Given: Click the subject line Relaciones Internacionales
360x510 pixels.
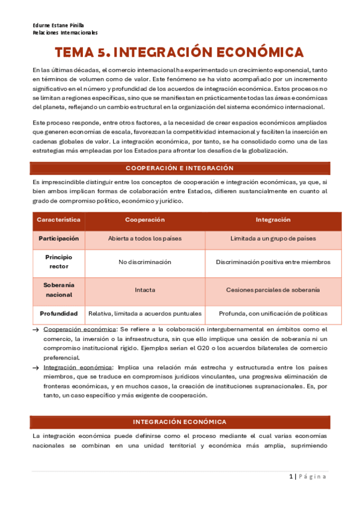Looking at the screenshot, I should coord(65,33).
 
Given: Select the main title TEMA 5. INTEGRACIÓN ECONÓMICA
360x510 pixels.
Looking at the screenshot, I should coord(180,53).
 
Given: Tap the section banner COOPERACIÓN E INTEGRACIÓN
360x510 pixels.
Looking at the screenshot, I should coord(180,168).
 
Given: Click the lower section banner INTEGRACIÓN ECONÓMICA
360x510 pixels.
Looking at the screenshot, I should coord(180,422).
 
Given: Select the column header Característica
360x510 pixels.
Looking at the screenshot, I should coord(59,220).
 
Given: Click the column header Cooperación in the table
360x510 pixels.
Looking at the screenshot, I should coord(144,220).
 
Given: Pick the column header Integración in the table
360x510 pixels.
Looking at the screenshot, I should coord(273,220).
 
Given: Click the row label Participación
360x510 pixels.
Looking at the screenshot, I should coord(59,239).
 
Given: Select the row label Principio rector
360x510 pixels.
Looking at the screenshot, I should coord(59,262).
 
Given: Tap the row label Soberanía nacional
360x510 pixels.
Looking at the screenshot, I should coord(59,289).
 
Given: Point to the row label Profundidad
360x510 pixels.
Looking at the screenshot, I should coord(59,313).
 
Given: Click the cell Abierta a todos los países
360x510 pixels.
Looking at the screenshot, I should coord(144,239).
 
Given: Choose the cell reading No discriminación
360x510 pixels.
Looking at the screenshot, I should coord(144,262).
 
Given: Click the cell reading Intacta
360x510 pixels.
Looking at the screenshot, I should coord(144,289).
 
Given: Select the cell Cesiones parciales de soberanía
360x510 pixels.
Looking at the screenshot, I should coord(273,289).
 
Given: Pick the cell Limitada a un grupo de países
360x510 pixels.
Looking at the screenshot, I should coord(273,239).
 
